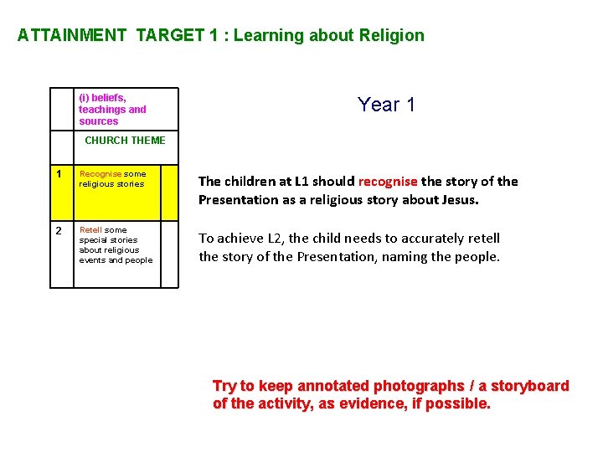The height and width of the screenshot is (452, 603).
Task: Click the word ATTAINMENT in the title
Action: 71,35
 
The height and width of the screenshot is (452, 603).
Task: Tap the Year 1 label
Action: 386,105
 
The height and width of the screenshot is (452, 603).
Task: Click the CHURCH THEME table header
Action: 125,140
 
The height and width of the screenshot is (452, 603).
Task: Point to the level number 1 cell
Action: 58,174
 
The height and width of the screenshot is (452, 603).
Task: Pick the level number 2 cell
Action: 59,230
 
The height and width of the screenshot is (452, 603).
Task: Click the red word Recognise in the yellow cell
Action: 100,174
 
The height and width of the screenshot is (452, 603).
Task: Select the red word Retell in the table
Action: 90,229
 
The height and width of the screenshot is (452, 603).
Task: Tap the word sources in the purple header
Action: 99,121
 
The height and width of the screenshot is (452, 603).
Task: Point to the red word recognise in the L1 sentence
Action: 388,181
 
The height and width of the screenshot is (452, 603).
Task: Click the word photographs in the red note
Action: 419,386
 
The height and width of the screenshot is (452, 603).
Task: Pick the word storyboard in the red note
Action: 530,386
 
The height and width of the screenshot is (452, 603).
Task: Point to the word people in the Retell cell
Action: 139,260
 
